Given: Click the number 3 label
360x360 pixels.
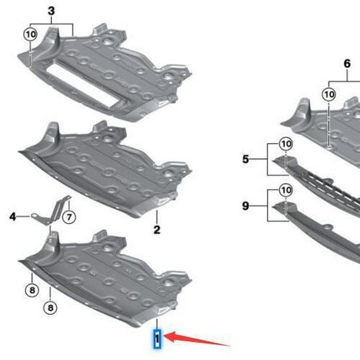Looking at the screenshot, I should (52, 10).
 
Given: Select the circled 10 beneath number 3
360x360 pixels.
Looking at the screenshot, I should (31, 34).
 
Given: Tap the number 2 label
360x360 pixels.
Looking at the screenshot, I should (157, 229).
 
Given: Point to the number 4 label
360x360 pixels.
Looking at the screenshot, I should (12, 214).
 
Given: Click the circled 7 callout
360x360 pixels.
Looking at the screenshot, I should (69, 217).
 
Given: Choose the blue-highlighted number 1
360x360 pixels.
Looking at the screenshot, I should (157, 338).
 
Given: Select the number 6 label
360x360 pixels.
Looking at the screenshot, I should (346, 64).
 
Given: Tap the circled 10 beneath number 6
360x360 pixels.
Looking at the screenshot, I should (329, 95).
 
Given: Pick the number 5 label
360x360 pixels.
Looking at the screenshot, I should (245, 158).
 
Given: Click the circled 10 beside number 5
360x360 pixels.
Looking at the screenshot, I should (285, 143).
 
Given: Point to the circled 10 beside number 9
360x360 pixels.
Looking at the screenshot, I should (285, 190).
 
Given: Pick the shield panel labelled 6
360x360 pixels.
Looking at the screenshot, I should (327, 121).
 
